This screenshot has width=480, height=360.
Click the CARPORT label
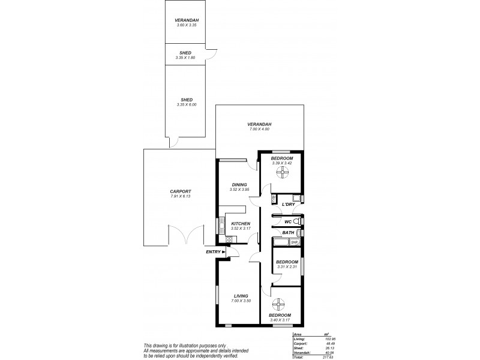tap(180, 191)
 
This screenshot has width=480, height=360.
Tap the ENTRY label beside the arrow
tap(213, 252)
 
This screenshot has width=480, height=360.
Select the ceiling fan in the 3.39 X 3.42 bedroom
tap(281, 173)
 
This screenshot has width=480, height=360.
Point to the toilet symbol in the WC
tap(295, 221)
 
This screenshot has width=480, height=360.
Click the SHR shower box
tap(294, 242)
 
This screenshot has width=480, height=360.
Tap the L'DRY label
tap(287, 205)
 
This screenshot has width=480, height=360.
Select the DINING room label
tap(239, 185)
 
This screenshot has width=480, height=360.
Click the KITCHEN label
tap(240, 223)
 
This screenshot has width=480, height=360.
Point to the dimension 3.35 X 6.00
tap(186, 105)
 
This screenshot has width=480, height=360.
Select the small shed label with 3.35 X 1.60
tap(186, 53)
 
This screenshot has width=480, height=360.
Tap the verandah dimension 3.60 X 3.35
tap(187, 25)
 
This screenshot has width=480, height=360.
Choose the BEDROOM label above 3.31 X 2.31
tap(287, 262)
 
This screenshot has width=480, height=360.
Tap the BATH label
tap(288, 233)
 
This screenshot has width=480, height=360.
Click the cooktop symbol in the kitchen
tap(229, 240)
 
